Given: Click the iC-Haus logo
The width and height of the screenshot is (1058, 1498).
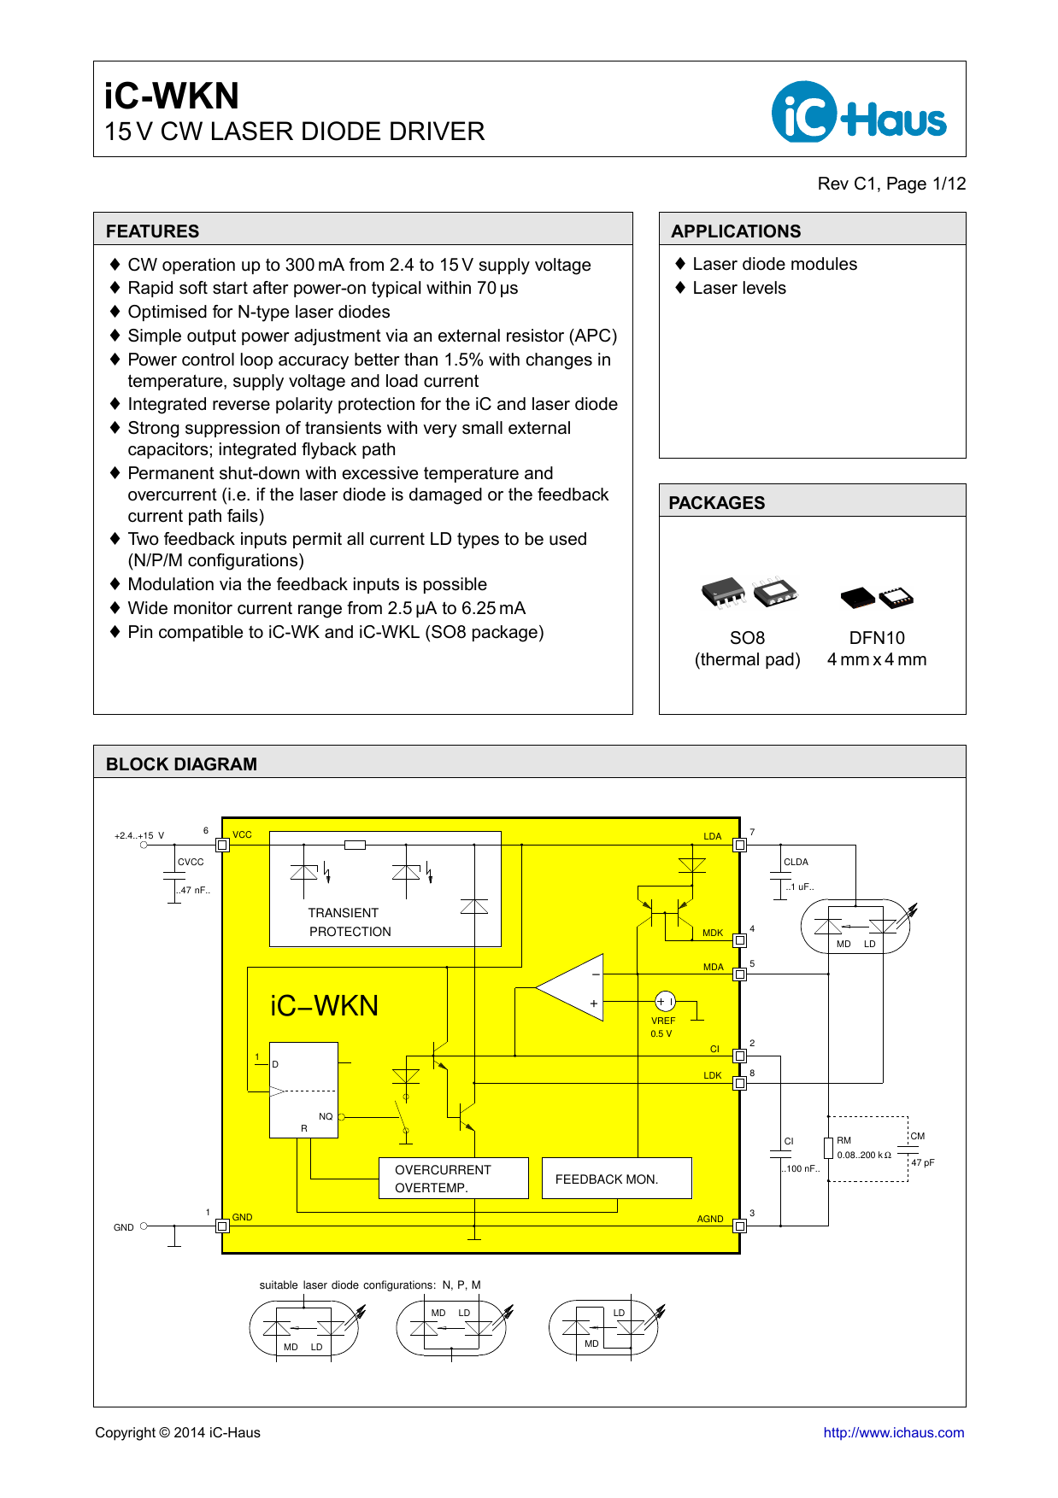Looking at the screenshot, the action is point(858,112).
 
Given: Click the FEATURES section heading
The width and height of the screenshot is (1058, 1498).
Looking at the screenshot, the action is point(152,231).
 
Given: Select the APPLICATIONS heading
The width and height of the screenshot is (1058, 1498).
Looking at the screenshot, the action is point(736,231).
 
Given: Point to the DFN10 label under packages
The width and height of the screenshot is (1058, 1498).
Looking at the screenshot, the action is point(877,638).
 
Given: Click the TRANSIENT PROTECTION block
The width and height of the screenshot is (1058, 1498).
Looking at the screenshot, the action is point(350,922).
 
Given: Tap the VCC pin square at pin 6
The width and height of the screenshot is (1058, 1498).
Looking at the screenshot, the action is point(222,845).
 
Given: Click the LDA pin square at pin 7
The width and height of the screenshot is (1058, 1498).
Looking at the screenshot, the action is point(740,845).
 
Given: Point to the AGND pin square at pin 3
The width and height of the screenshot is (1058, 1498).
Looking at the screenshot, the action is point(740,1226).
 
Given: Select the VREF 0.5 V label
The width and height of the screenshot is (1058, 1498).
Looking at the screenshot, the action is point(662,1027).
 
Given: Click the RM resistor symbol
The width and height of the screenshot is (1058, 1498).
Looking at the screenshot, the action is point(828,1148).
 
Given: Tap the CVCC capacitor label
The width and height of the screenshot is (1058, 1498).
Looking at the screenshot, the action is point(191,862).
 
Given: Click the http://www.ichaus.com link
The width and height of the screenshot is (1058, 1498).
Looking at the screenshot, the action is point(893,1433).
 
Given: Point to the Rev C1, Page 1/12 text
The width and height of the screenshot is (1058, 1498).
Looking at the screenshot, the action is point(891,184).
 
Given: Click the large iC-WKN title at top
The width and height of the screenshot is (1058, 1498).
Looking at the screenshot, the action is point(172,96).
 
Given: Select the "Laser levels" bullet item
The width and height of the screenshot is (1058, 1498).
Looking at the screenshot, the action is point(738,288).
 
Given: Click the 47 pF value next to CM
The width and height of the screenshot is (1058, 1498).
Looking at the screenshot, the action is point(922,1162).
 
